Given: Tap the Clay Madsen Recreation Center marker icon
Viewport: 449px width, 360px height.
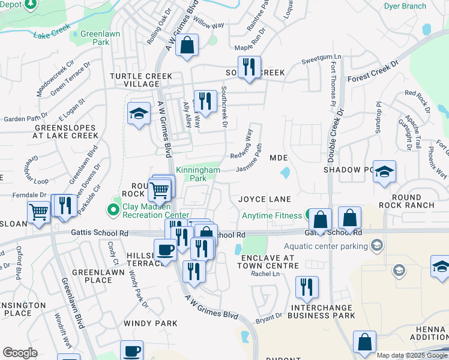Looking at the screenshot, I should coord(112,209).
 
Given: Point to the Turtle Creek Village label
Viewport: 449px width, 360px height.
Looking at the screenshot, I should coord(140,80).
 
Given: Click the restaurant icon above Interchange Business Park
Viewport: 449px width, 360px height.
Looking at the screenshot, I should coord(307,288).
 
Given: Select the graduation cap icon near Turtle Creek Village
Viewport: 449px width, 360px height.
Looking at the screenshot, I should coord(139,113).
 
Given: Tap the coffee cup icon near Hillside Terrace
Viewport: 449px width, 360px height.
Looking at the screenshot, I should coord(165,249).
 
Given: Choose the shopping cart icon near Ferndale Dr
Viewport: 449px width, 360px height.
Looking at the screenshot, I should coord(38,212).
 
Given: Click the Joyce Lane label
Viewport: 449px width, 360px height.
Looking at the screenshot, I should coord(265,199).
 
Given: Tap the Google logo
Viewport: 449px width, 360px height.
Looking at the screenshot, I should coord(20,353).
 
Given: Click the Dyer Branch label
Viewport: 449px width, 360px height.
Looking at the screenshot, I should coord(405,7).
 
